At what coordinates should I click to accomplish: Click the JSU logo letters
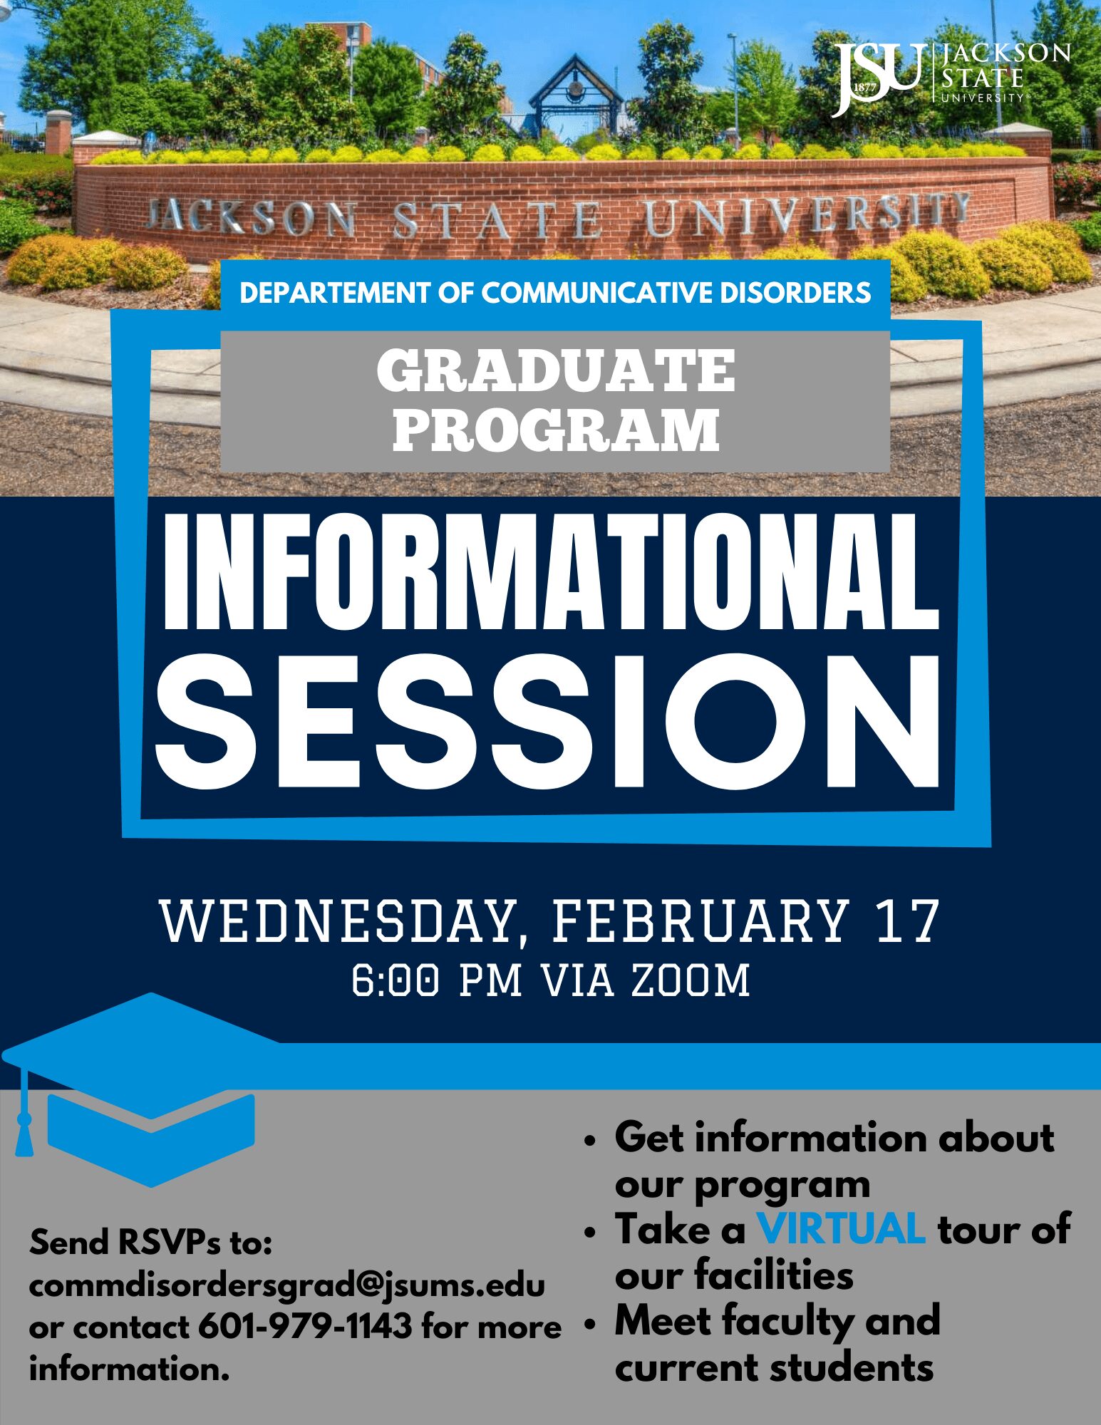click(x=878, y=77)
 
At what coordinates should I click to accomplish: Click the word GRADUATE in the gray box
click(x=556, y=370)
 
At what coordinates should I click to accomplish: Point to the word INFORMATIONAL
click(x=551, y=571)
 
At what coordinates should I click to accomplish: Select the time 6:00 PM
click(x=437, y=980)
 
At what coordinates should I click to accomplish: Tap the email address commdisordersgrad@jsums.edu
click(x=286, y=1287)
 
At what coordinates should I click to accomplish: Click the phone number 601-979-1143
click(x=305, y=1327)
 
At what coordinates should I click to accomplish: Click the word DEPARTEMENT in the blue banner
click(x=335, y=293)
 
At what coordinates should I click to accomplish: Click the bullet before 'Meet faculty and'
click(x=589, y=1325)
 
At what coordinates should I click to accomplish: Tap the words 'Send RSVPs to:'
click(x=151, y=1243)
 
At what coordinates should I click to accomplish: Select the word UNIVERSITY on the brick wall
click(x=807, y=214)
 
